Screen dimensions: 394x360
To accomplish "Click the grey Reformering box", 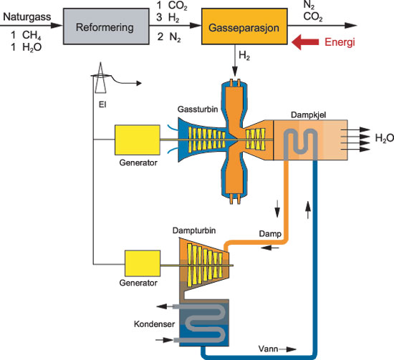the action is [x=106, y=26].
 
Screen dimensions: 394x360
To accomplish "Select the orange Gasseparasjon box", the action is [x=244, y=26].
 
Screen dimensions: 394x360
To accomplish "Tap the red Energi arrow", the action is [x=305, y=42].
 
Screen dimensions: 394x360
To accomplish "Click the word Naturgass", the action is [x=27, y=17].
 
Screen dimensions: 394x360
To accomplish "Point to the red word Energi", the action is [x=340, y=42].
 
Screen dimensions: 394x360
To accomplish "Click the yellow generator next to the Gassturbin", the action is [x=138, y=140].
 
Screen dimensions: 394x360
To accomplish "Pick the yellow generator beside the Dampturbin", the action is [x=143, y=263].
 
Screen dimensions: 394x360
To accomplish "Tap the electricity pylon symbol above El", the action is [x=100, y=78].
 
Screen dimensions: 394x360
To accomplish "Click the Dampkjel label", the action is [x=308, y=115].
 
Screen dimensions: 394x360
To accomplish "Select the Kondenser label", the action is [x=154, y=323].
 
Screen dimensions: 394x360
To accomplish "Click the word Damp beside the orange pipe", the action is [x=270, y=234].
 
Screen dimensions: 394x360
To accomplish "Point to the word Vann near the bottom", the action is [x=268, y=349].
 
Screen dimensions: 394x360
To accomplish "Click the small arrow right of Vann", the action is [x=288, y=349].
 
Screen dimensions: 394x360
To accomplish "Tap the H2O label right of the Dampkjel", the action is [x=385, y=138].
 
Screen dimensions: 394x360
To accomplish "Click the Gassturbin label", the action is [x=198, y=110].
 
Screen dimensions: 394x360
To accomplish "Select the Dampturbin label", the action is [x=194, y=230].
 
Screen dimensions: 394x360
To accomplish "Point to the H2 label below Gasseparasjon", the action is [x=244, y=55].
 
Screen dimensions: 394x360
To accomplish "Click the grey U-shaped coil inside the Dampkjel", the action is [x=301, y=145].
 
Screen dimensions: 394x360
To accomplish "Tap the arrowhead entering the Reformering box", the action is [x=57, y=25].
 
